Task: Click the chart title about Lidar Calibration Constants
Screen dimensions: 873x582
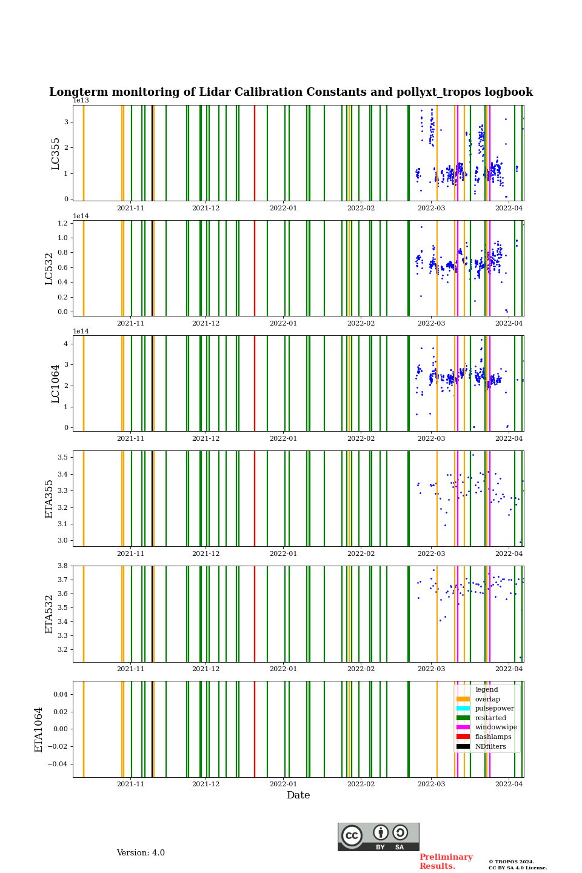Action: click(x=291, y=92)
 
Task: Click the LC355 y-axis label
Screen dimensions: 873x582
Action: click(x=56, y=153)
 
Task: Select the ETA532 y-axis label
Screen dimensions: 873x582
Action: click(x=50, y=614)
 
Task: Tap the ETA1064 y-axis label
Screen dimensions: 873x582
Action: click(x=39, y=729)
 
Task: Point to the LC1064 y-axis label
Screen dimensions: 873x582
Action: click(x=56, y=384)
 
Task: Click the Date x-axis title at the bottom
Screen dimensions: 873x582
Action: click(x=298, y=795)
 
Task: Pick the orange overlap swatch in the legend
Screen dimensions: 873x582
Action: click(x=463, y=699)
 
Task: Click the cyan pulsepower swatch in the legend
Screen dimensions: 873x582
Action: click(x=463, y=709)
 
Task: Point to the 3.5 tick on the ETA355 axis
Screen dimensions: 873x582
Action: click(x=62, y=457)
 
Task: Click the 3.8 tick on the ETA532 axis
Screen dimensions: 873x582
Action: click(x=62, y=566)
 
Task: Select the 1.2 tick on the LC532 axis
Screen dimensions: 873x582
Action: click(x=62, y=223)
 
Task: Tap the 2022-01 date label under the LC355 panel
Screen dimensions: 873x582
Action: click(x=283, y=209)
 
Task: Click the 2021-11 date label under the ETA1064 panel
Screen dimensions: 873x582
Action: click(x=130, y=784)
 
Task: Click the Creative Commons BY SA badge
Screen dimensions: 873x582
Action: click(x=378, y=837)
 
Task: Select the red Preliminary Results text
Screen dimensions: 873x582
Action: click(x=446, y=861)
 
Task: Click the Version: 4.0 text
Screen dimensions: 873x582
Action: click(x=141, y=853)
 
